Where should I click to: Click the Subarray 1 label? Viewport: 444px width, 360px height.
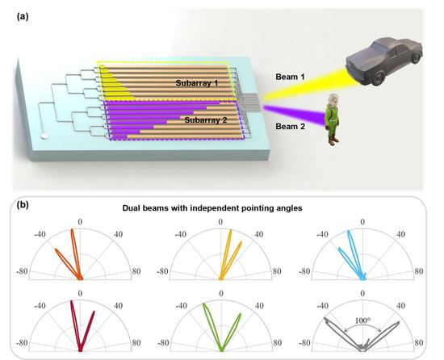pyautogui.click(x=197, y=83)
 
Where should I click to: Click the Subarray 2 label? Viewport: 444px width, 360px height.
pyautogui.click(x=206, y=120)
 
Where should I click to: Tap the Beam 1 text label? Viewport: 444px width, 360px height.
pyautogui.click(x=290, y=77)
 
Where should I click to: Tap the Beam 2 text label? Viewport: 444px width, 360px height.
pyautogui.click(x=291, y=126)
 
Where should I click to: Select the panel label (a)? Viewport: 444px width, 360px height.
pyautogui.click(x=23, y=17)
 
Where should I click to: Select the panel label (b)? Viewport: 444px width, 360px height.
pyautogui.click(x=23, y=205)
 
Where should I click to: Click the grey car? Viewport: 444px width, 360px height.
pyautogui.click(x=384, y=61)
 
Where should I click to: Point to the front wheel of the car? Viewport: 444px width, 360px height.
pyautogui.click(x=379, y=77)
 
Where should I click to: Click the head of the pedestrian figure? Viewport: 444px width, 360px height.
pyautogui.click(x=333, y=99)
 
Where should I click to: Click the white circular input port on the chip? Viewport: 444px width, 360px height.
pyautogui.click(x=44, y=136)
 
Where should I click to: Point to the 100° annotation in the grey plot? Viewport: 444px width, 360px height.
pyautogui.click(x=362, y=320)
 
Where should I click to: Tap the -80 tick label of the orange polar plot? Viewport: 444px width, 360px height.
pyautogui.click(x=22, y=271)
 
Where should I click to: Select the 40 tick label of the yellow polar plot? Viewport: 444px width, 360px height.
pyautogui.click(x=259, y=234)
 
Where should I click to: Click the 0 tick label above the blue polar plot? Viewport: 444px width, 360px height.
pyautogui.click(x=362, y=222)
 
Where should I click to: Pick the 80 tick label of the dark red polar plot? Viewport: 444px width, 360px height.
pyautogui.click(x=136, y=343)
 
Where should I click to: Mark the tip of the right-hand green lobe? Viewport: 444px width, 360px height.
pyautogui.click(x=241, y=313)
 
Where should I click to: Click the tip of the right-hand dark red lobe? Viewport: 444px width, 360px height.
pyautogui.click(x=94, y=312)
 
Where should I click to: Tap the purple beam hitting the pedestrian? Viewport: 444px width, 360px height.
pyautogui.click(x=295, y=114)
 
